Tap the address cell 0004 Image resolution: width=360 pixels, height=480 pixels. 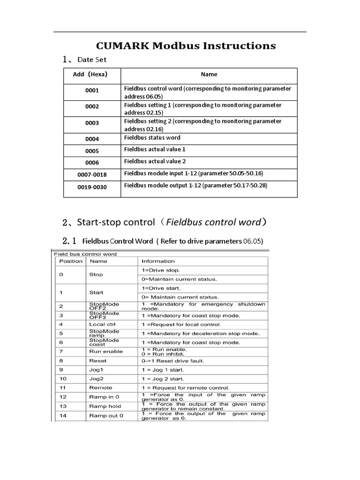[x=92, y=139]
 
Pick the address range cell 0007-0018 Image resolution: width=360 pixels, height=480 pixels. [x=92, y=175]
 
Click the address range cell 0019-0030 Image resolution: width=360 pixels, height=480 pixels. [x=92, y=187]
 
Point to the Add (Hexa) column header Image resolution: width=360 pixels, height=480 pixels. [x=90, y=75]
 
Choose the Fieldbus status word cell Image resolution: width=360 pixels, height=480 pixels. [x=152, y=138]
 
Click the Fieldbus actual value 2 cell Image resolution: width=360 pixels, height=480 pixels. [x=155, y=161]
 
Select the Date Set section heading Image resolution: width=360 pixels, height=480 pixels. [x=92, y=60]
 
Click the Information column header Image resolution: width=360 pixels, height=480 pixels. [x=158, y=262]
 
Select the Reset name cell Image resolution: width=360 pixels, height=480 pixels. [x=97, y=361]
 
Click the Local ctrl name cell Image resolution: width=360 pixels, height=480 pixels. [x=102, y=324]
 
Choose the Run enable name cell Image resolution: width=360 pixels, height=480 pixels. [x=105, y=352]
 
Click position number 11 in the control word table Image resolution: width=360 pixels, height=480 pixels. [x=63, y=388]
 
